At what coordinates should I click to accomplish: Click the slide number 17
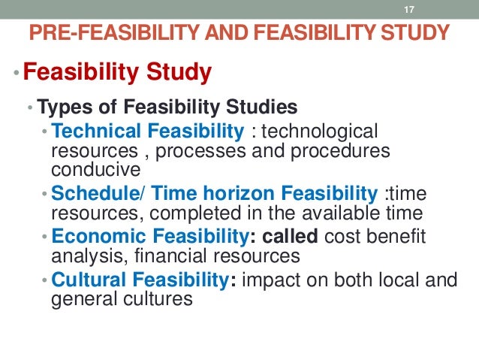pos(409,9)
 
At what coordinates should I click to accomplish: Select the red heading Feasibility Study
pos(117,74)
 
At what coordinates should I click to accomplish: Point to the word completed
pos(189,212)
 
